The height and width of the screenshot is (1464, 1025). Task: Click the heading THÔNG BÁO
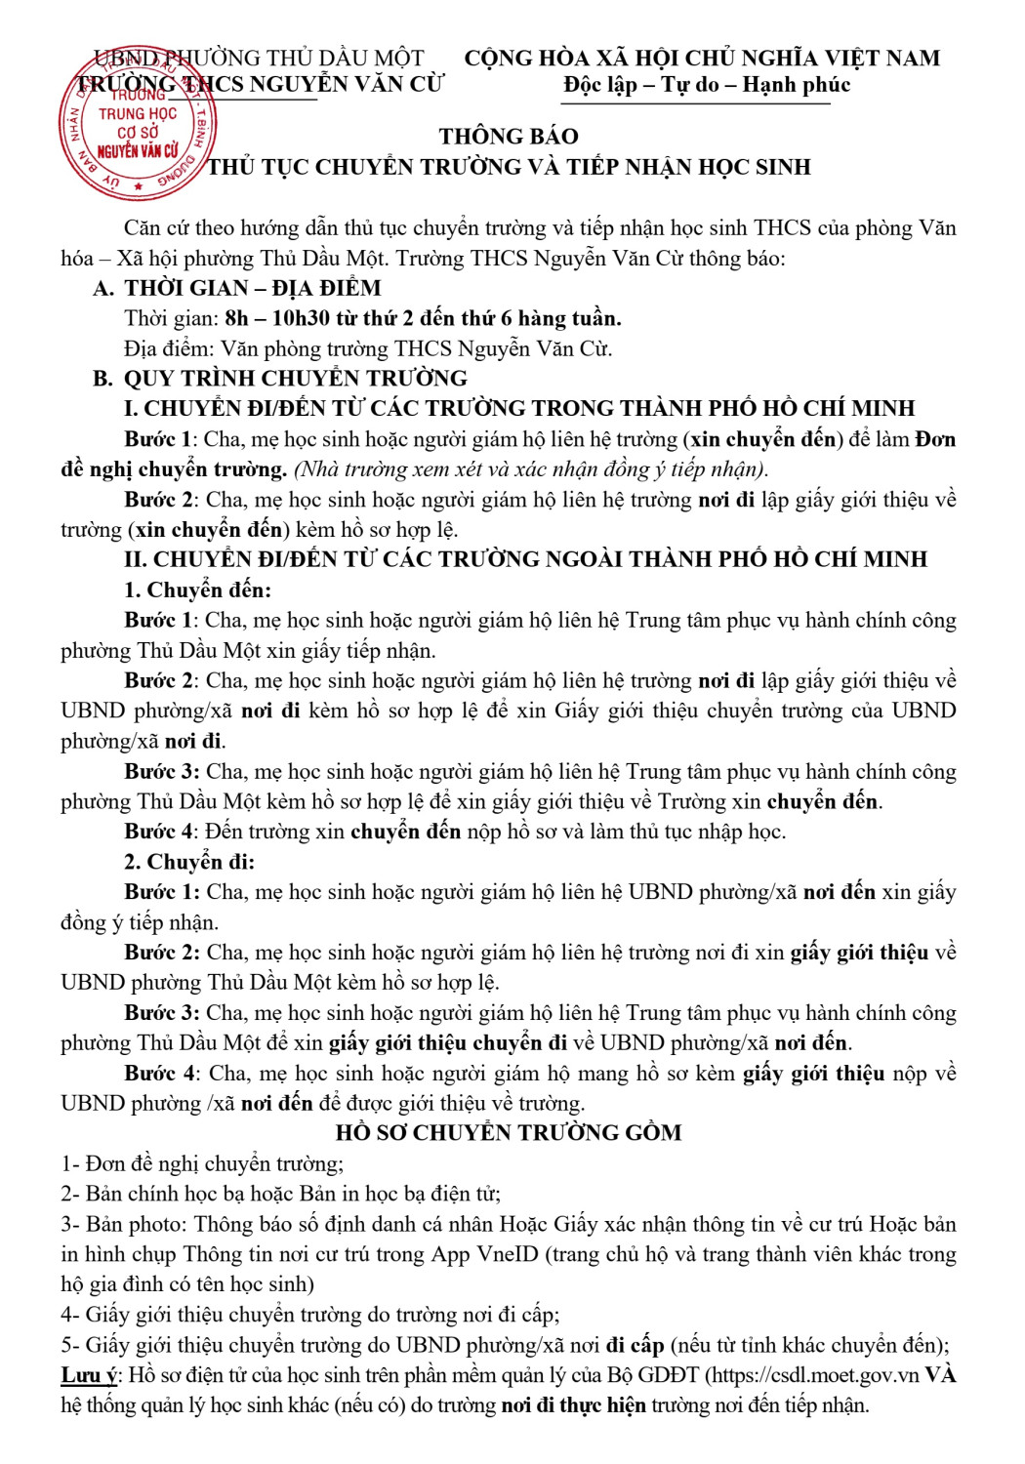point(508,137)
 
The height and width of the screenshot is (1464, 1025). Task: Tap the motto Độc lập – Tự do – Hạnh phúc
point(707,85)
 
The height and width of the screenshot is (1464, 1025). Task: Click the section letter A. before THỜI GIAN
point(102,288)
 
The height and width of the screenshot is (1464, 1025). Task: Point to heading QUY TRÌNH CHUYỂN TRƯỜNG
point(295,379)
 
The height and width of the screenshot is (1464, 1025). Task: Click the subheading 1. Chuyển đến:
point(197,590)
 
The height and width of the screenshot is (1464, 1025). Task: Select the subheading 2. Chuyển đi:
point(189,862)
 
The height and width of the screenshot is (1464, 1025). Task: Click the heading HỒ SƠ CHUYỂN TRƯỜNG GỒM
point(508,1133)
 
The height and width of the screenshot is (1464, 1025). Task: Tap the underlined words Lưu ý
point(89,1375)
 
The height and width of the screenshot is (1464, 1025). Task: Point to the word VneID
point(500,1254)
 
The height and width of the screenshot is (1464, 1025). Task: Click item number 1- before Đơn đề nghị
point(70,1163)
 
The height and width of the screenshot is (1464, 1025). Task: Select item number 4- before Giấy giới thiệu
point(71,1315)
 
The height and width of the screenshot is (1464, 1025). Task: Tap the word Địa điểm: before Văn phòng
point(168,348)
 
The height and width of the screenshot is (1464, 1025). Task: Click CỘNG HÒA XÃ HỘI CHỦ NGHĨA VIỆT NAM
point(702,59)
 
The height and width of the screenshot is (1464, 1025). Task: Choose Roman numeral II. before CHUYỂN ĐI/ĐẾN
point(136,559)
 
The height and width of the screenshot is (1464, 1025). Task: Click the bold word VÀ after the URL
point(940,1375)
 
